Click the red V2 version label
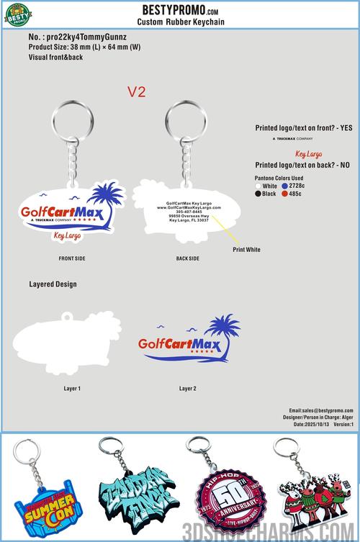(137, 92)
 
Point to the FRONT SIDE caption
(72, 257)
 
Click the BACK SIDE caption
(187, 257)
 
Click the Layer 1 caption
(72, 389)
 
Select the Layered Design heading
(53, 284)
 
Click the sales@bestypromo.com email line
(322, 410)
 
